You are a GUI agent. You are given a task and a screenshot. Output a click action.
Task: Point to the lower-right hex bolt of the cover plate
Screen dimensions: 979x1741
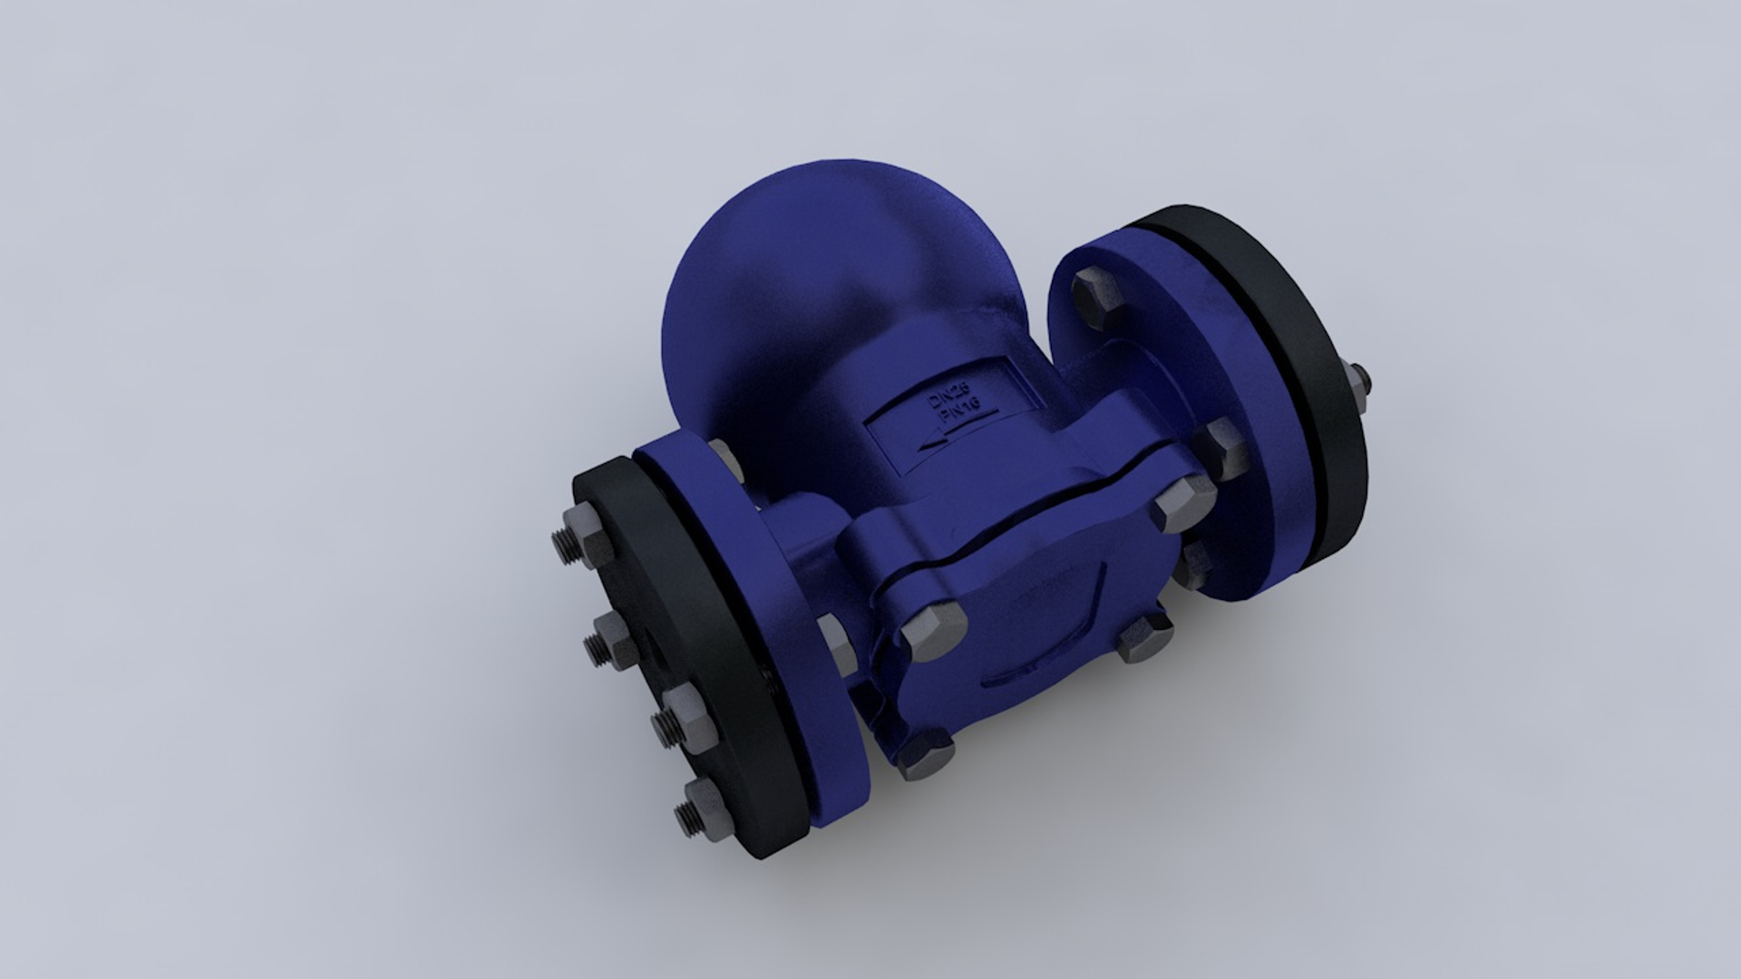point(1144,635)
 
